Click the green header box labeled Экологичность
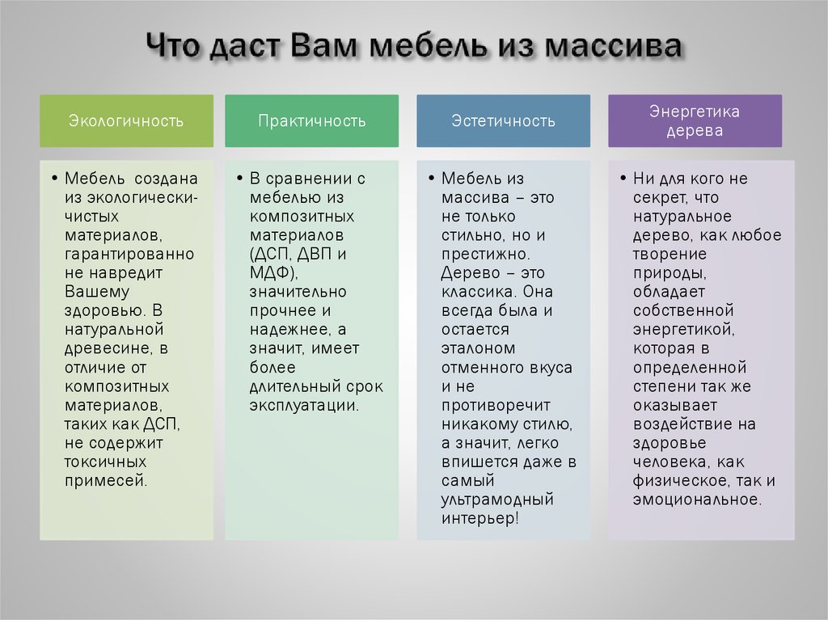pyautogui.click(x=126, y=121)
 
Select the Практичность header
pyautogui.click(x=311, y=121)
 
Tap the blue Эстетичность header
pyautogui.click(x=503, y=121)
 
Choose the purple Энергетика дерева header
pyautogui.click(x=695, y=121)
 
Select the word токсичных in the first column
pyautogui.click(x=105, y=462)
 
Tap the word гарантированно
pyautogui.click(x=129, y=254)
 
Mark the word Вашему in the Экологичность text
pyautogui.click(x=97, y=292)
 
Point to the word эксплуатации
pyautogui.click(x=303, y=405)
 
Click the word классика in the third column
pyautogui.click(x=476, y=292)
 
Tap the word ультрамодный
pyautogui.click(x=497, y=500)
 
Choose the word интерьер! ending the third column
pyautogui.click(x=479, y=518)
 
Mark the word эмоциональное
pyautogui.click(x=697, y=500)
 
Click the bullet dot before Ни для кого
pyautogui.click(x=623, y=178)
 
